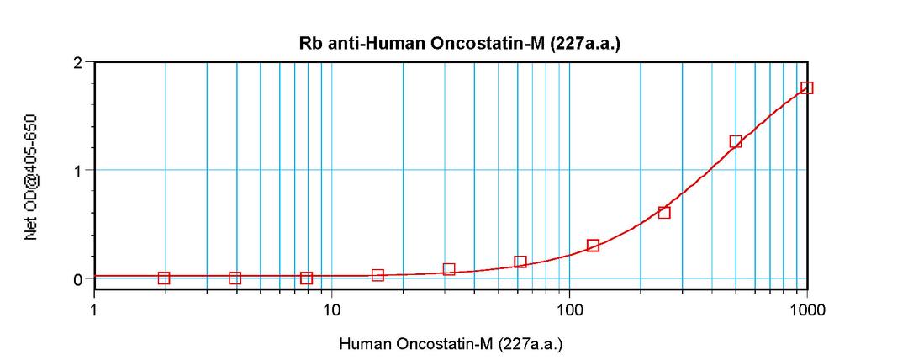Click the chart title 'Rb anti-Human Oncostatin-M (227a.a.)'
(459, 45)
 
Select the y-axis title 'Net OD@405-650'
(31, 177)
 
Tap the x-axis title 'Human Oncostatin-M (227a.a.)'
(451, 344)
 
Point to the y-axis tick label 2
(77, 63)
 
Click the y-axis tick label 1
(77, 171)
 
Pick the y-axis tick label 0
(77, 278)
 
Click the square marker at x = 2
(164, 278)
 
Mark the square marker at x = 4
(235, 278)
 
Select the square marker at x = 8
(307, 278)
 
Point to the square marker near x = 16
(378, 275)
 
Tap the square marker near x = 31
(449, 269)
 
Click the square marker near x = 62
(520, 262)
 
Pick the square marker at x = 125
(593, 246)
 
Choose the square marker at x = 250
(664, 213)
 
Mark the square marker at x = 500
(736, 142)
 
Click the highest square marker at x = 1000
(807, 87)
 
